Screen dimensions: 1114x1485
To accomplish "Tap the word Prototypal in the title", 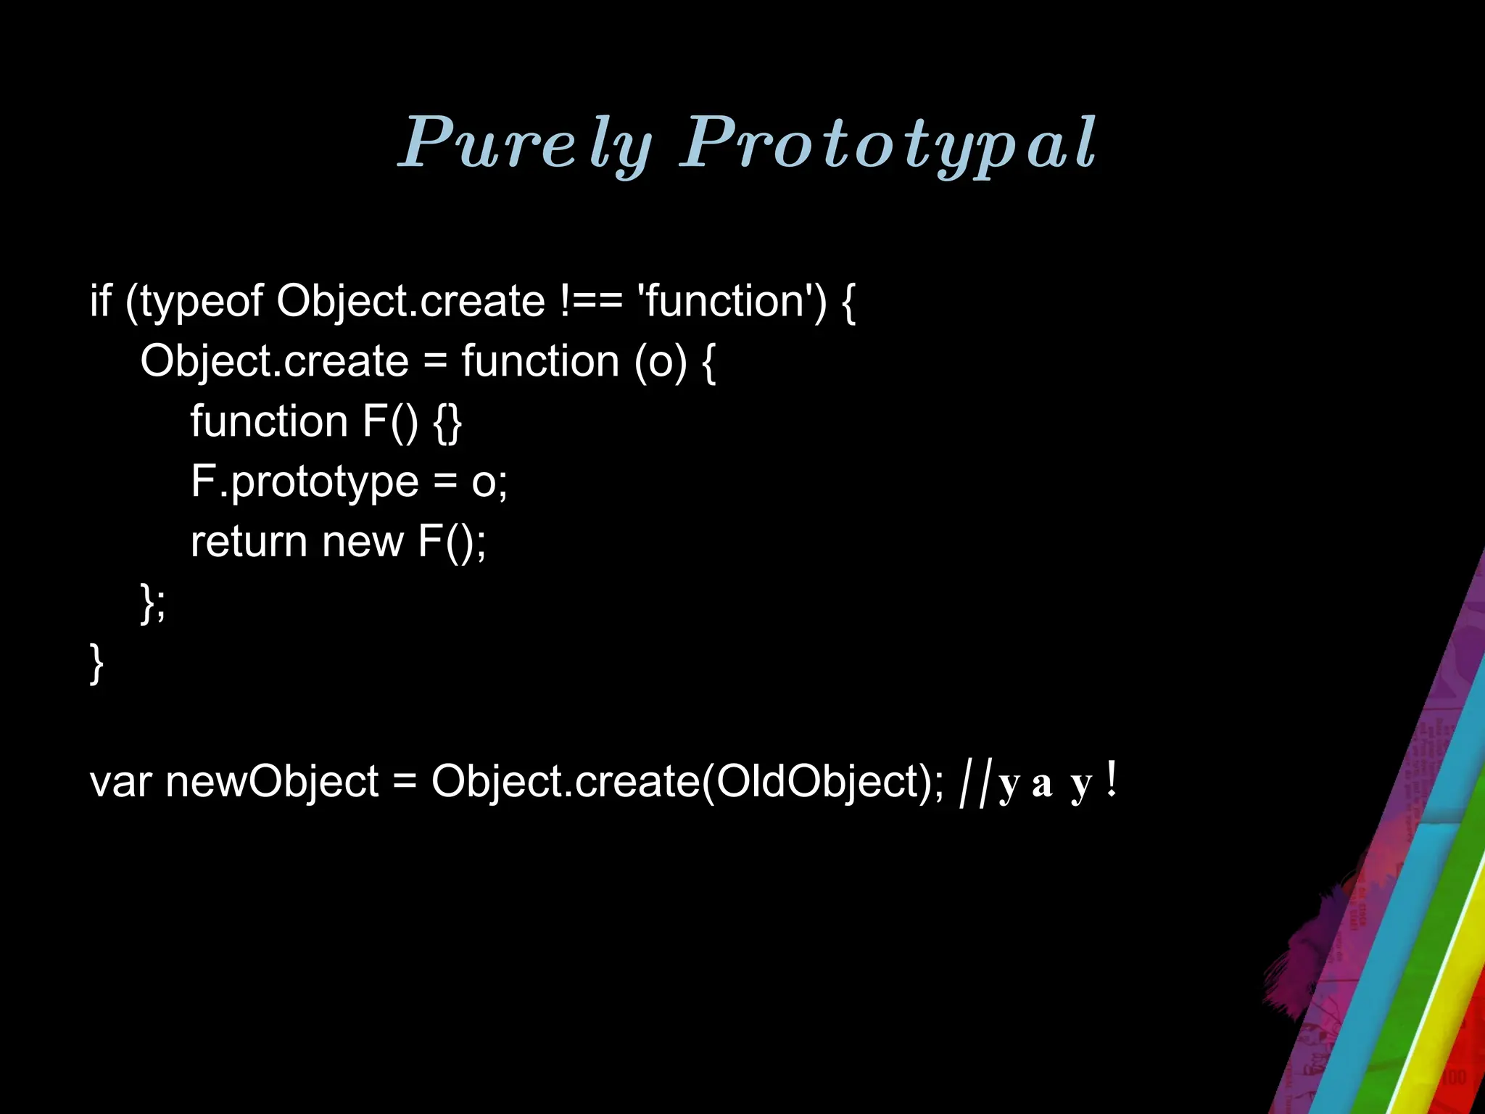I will [888, 143].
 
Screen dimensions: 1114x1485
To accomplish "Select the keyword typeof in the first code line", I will [202, 301].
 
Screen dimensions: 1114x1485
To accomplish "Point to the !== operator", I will [591, 301].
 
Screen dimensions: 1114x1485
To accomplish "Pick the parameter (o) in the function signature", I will [660, 361].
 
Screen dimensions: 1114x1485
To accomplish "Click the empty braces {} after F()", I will [447, 422].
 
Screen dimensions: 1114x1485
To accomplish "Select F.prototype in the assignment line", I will [305, 482].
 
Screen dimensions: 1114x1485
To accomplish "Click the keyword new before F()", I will [362, 542].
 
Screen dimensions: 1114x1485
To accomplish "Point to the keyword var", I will [120, 783].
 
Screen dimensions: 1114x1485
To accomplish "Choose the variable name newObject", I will [272, 783].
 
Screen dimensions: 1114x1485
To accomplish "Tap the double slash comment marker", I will [974, 783].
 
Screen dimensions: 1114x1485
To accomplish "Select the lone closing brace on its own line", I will [96, 664].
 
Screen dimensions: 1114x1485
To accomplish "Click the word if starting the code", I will [100, 300].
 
